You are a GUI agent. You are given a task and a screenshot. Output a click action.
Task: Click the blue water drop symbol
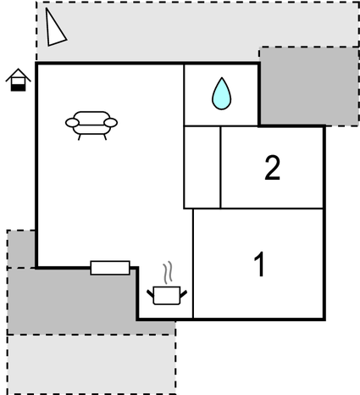[x=222, y=94]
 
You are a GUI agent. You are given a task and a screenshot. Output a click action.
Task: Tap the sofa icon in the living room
[x=91, y=125]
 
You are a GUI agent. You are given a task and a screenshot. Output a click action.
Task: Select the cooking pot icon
[x=167, y=296]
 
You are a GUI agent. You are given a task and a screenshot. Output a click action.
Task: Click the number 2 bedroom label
[x=273, y=168]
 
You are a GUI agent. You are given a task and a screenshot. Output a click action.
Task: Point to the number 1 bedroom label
[x=260, y=264]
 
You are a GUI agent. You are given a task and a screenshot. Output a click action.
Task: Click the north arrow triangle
[x=54, y=28]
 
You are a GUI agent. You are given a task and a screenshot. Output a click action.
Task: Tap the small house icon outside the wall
[x=19, y=80]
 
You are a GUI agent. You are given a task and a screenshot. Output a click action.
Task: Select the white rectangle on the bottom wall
[x=110, y=268]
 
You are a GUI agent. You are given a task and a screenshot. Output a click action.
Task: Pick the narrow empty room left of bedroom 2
[x=202, y=168]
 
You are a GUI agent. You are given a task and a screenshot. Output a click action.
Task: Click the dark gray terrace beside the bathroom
[x=309, y=86]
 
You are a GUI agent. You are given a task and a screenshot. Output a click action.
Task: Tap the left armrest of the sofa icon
[x=72, y=123]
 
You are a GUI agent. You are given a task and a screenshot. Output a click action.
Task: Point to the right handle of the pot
[x=183, y=294]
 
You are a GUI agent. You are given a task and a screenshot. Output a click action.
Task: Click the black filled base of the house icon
[x=19, y=88]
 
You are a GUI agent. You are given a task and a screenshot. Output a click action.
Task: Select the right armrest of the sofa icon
[x=110, y=123]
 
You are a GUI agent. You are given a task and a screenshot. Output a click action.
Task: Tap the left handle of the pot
[x=151, y=294]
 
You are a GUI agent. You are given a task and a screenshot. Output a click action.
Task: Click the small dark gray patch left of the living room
[x=21, y=248]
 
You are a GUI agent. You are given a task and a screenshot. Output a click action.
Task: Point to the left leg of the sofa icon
[x=80, y=137]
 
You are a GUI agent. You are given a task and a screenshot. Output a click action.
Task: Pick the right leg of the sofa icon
[x=105, y=137]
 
